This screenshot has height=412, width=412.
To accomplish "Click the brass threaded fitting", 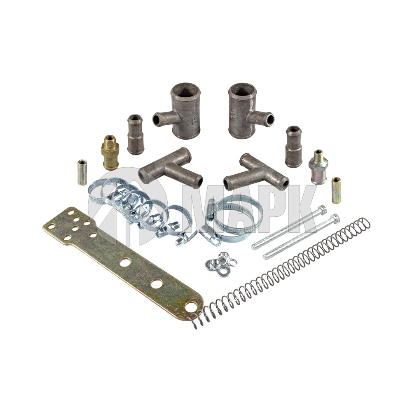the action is (110, 152).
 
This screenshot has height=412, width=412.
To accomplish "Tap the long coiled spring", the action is (281, 273).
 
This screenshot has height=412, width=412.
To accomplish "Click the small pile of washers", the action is (221, 264).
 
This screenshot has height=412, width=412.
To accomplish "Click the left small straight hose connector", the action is (136, 135).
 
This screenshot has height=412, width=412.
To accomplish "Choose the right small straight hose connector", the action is (294, 147).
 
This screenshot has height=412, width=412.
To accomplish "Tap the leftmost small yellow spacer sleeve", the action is (82, 172).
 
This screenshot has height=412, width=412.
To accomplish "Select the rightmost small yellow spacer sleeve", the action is (336, 190).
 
